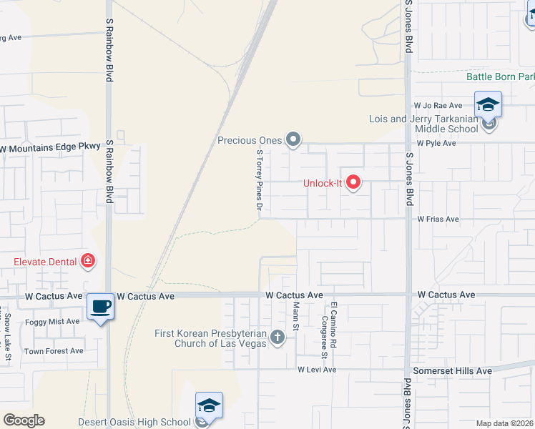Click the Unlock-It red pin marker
(353, 183)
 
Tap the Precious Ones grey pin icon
(293, 140)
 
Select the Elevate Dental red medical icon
(88, 262)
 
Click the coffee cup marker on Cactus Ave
(100, 307)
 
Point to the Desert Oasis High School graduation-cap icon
(209, 405)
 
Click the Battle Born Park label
(500, 77)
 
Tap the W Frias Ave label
(438, 219)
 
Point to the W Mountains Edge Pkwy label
(49, 147)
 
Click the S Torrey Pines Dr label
(259, 179)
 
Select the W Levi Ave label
(317, 370)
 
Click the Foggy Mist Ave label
(52, 322)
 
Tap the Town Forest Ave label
(54, 351)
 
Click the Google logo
(24, 420)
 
